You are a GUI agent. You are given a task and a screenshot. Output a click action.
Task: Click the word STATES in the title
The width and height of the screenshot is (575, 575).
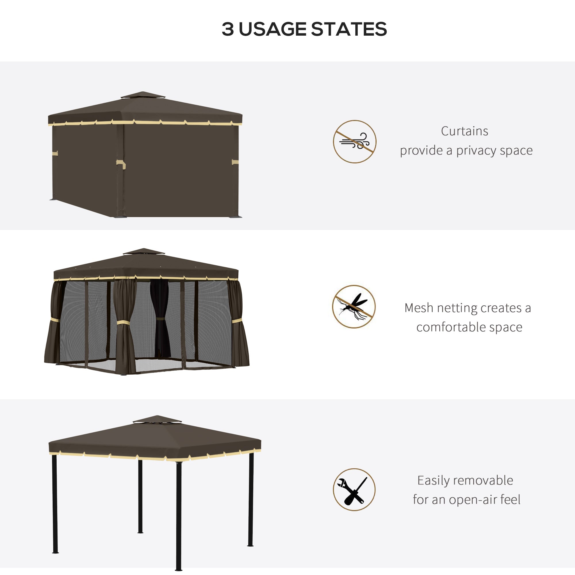click(348, 29)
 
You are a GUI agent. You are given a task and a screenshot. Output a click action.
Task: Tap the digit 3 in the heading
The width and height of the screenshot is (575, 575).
click(228, 29)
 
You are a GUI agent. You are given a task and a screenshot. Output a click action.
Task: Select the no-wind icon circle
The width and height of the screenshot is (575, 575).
click(354, 142)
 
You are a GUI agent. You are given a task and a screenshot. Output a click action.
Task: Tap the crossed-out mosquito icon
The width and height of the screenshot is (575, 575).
click(354, 306)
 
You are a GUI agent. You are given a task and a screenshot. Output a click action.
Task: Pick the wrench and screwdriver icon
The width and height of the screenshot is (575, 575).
click(354, 490)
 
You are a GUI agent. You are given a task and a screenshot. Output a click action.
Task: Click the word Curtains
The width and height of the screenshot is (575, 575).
click(464, 131)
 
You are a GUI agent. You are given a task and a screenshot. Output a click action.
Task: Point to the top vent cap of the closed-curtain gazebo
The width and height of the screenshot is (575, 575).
click(143, 95)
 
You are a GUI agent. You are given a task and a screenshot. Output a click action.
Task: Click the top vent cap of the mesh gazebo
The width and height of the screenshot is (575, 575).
click(144, 252)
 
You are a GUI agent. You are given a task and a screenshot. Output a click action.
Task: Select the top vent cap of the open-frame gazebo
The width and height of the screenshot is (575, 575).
click(157, 419)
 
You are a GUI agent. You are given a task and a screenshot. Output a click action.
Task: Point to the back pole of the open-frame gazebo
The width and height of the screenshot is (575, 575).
click(140, 496)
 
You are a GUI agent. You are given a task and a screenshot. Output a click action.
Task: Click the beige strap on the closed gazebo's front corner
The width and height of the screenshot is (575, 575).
click(121, 163)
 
